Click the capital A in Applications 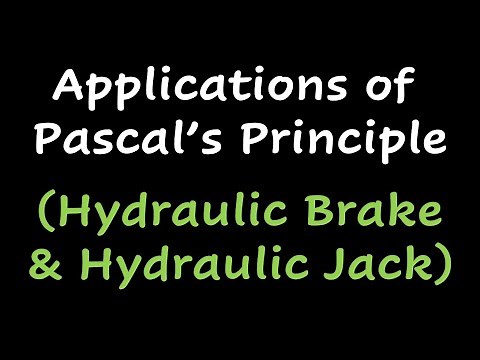[x=69, y=89]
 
